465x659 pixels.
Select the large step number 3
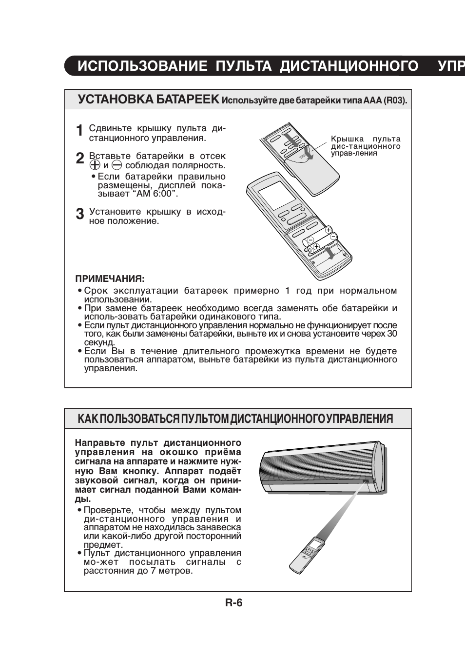(x=80, y=214)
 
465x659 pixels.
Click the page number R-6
(x=233, y=603)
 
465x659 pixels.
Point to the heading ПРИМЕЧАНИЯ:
(x=110, y=279)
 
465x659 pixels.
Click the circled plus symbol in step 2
(x=95, y=165)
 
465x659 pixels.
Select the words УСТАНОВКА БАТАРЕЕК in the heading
(x=149, y=100)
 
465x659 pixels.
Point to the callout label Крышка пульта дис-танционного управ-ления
(x=366, y=146)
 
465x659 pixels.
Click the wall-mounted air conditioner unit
(x=322, y=467)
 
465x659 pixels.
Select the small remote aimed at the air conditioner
(x=307, y=555)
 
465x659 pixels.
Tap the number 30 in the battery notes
(x=392, y=334)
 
